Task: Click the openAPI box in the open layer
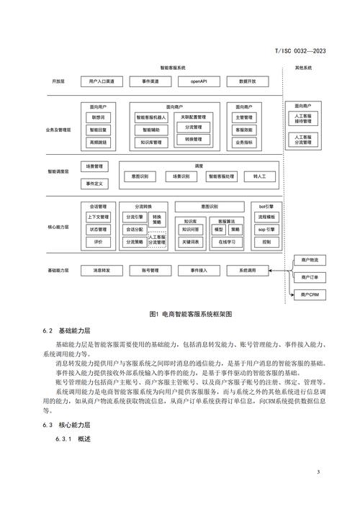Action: pyautogui.click(x=199, y=81)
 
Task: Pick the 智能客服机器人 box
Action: pyautogui.click(x=152, y=117)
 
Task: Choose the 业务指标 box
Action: pyautogui.click(x=243, y=143)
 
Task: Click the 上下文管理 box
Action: pyautogui.click(x=99, y=217)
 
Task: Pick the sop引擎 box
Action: pyautogui.click(x=266, y=229)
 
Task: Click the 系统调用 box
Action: pyautogui.click(x=242, y=271)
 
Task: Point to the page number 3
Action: pyautogui.click(x=318, y=472)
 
